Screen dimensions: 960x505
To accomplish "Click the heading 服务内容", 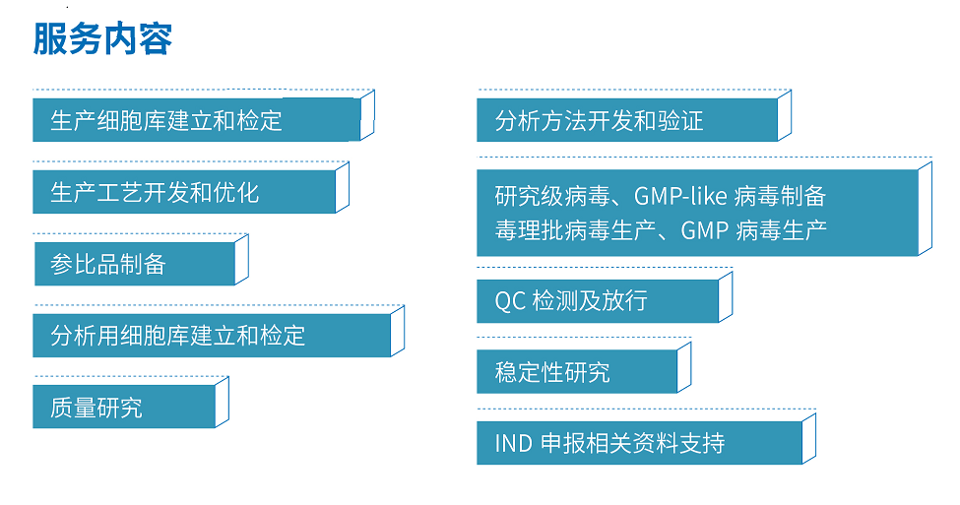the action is click(x=102, y=38).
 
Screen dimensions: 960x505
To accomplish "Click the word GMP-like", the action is click(x=680, y=196).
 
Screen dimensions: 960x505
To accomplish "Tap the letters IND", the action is click(x=513, y=443).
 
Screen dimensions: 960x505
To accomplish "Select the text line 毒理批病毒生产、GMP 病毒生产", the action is click(x=661, y=230).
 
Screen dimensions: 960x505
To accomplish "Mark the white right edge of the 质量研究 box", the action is click(x=223, y=403).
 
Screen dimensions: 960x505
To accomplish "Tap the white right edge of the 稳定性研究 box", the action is click(x=684, y=367).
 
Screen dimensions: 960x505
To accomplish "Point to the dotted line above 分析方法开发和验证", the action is click(x=634, y=90).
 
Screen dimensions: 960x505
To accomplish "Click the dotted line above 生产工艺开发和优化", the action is click(x=191, y=161).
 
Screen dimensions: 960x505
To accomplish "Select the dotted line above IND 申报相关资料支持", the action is click(x=647, y=409).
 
